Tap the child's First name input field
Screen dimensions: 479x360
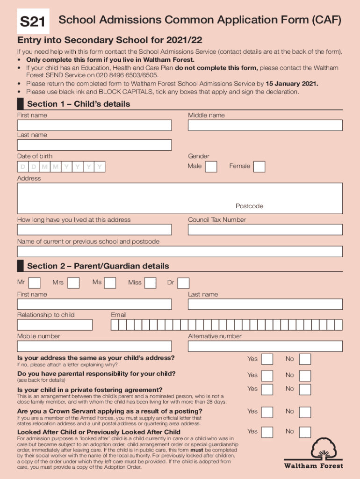(94, 125)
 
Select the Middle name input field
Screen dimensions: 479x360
(265, 125)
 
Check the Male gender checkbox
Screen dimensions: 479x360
(211, 167)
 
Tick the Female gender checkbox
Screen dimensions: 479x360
(259, 167)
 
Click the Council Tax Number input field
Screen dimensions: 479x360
(265, 230)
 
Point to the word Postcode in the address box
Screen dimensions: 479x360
(249, 206)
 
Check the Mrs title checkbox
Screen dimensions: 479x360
(73, 283)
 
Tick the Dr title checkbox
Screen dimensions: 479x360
(184, 283)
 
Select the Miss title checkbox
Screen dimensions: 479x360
(150, 283)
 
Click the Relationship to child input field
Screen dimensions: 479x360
(55, 325)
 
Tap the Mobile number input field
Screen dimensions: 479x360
(94, 346)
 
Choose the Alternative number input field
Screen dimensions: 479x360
(265, 346)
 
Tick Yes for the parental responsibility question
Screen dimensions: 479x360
(267, 376)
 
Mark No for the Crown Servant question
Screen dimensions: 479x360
(305, 412)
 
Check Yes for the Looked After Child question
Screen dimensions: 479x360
(267, 432)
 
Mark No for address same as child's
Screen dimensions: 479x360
(305, 359)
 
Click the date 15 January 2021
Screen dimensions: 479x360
(292, 84)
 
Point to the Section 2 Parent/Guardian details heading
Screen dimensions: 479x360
(98, 266)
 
